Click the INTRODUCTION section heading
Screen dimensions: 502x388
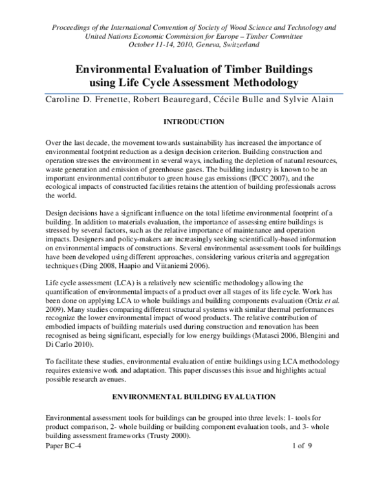(193, 121)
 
